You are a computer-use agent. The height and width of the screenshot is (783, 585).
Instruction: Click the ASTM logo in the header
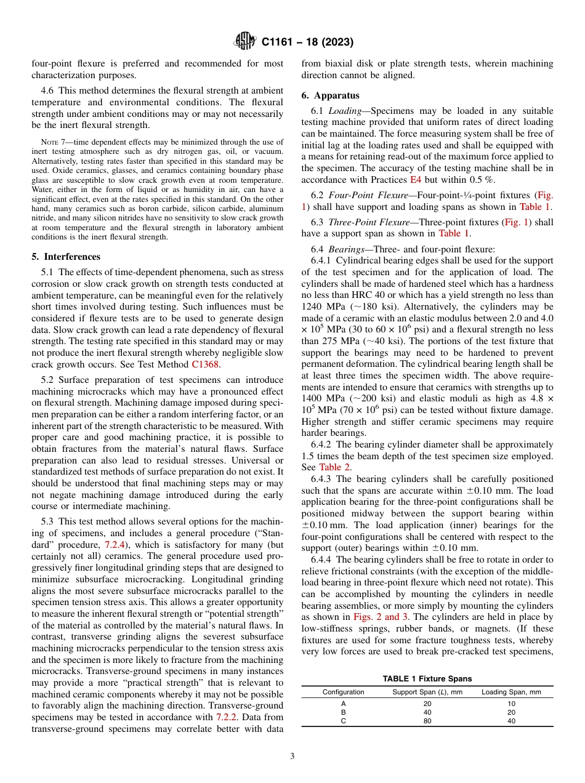tap(245, 42)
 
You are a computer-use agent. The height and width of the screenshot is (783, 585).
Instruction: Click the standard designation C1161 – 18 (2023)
tap(307, 42)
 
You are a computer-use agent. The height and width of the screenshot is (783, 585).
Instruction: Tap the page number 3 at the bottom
tap(292, 757)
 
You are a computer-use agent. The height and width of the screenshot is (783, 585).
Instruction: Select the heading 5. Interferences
tap(66, 257)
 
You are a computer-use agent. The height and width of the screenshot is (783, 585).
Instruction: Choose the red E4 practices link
tap(416, 179)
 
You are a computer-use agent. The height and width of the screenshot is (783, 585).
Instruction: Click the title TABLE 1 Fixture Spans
tap(427, 679)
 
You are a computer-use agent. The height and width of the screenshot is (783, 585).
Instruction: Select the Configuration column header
tap(343, 692)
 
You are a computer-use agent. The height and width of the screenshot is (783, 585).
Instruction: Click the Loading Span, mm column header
tap(510, 692)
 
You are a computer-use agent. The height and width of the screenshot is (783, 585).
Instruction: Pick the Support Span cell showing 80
tap(427, 721)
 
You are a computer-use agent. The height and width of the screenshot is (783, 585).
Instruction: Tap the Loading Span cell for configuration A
tap(510, 703)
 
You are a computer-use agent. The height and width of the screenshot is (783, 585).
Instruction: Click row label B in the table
tap(343, 712)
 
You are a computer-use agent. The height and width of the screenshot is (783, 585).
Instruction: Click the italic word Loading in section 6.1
tap(344, 111)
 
